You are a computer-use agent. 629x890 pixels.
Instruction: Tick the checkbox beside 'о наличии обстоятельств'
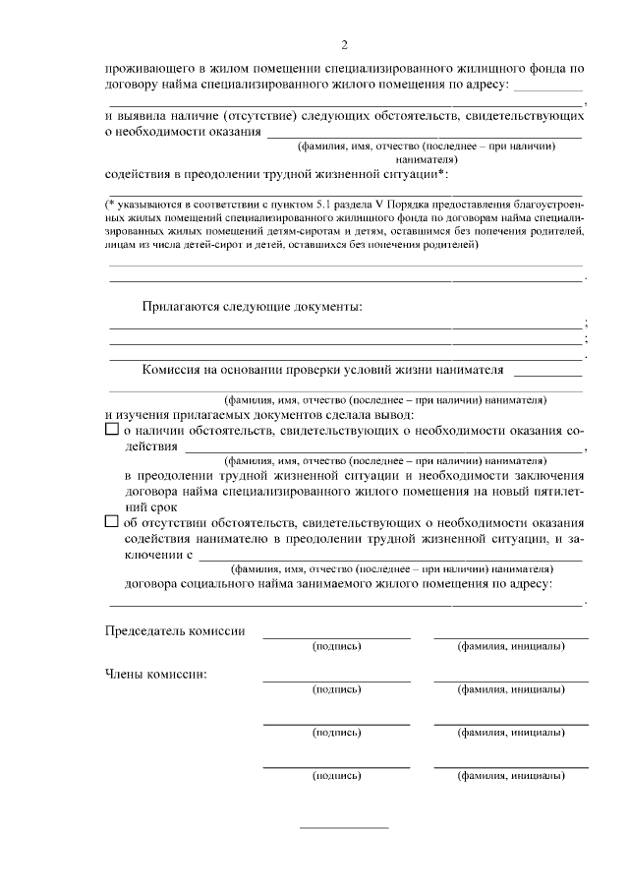click(111, 431)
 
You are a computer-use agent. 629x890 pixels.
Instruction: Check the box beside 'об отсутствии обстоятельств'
click(111, 521)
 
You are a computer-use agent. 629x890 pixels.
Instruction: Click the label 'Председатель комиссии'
click(175, 630)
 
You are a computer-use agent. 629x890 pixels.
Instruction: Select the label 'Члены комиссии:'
click(155, 674)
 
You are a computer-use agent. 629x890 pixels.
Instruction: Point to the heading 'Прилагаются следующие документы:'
click(252, 307)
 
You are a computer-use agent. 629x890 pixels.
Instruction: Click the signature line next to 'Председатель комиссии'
click(336, 637)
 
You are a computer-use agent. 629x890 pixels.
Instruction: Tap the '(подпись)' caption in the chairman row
click(336, 646)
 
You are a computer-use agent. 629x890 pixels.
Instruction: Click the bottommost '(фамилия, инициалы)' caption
click(511, 776)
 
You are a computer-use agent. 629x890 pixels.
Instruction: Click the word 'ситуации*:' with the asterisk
click(413, 174)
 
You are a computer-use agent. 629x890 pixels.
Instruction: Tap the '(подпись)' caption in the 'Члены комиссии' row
click(336, 689)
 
